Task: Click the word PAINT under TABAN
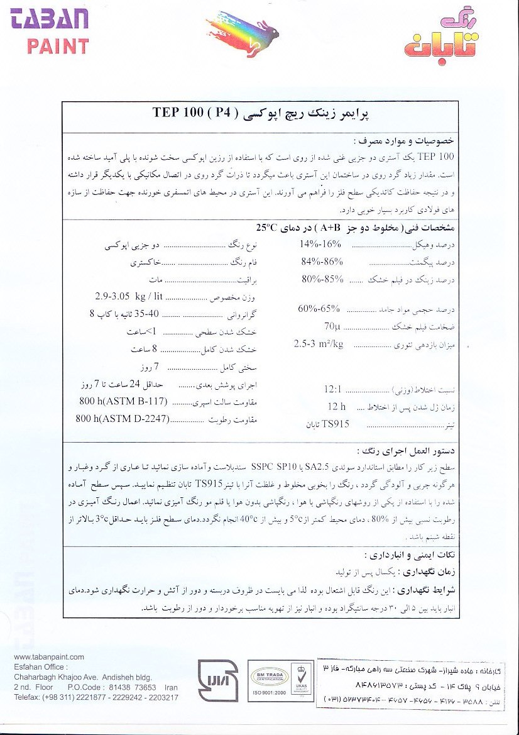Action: click(58, 45)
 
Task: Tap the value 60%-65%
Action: click(319, 308)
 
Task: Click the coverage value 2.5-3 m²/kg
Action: click(319, 344)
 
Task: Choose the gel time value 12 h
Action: click(337, 407)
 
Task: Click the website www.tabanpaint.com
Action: click(48, 657)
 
